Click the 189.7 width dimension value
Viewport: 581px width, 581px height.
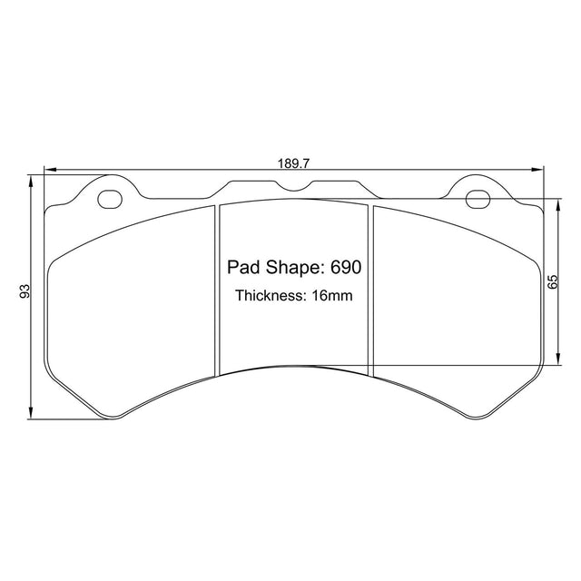(293, 163)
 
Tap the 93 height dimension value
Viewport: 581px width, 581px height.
(25, 291)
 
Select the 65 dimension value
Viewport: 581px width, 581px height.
(552, 281)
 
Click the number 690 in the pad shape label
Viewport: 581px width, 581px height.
(346, 267)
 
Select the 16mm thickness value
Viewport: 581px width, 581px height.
(332, 296)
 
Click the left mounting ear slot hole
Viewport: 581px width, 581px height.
(110, 200)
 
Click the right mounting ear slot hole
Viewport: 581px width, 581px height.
(478, 200)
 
